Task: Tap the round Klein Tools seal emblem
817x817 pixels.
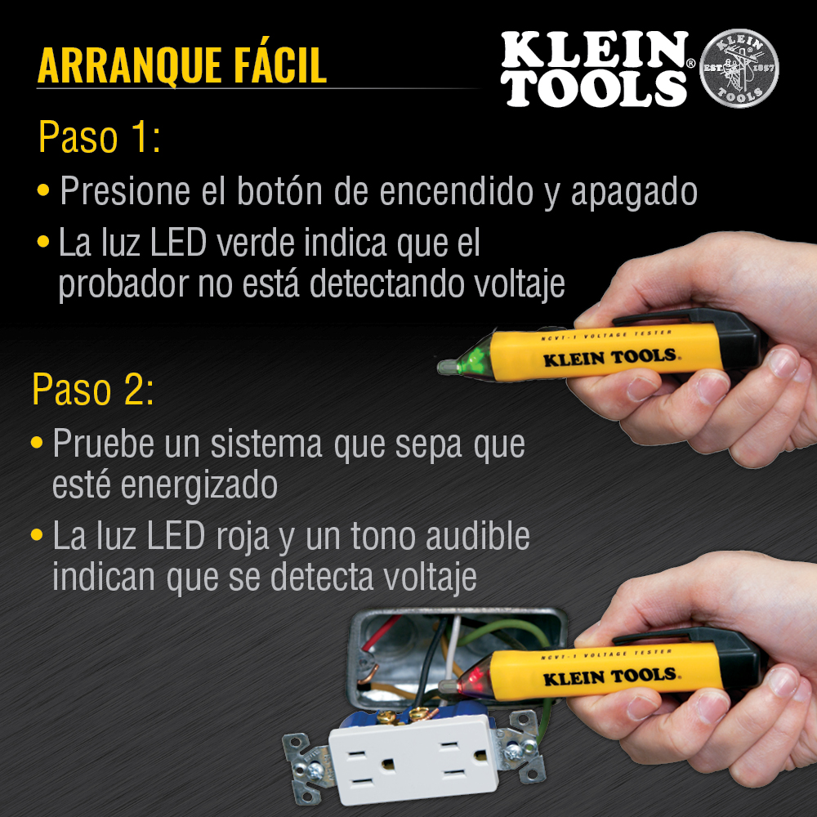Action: tap(739, 69)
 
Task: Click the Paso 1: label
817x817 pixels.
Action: tap(99, 137)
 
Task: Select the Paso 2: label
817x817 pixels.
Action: tap(93, 389)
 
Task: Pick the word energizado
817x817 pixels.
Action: tap(199, 485)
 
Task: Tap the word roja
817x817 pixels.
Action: tap(243, 537)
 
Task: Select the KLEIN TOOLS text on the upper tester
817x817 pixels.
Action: tap(609, 358)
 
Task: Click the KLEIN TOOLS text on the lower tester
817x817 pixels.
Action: tap(609, 677)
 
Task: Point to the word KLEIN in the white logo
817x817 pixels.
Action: tap(595, 50)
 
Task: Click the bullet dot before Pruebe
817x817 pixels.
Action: tap(37, 443)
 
